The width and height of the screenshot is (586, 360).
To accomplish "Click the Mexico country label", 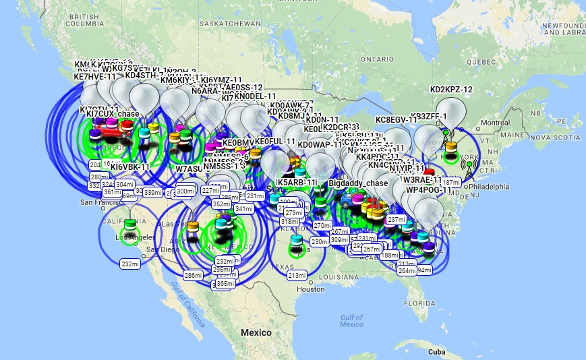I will point(256,332).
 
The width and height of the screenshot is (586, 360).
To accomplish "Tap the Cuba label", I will point(436,352).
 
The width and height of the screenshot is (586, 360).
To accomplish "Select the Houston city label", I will point(310,289).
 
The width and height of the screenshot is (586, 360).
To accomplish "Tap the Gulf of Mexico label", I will point(351,320).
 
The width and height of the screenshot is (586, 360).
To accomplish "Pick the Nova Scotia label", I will point(558,138).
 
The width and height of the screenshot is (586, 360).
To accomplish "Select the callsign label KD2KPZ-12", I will point(451,89).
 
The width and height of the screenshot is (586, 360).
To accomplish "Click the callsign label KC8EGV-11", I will point(397,120).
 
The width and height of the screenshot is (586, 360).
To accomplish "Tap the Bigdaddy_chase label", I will point(358,183).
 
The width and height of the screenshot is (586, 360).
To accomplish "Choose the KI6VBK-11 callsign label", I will point(129,167).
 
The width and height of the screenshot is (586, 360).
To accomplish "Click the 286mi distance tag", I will point(194,275).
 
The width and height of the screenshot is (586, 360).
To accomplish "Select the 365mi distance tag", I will point(225,284).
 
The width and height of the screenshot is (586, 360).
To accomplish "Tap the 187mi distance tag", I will point(451,183).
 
